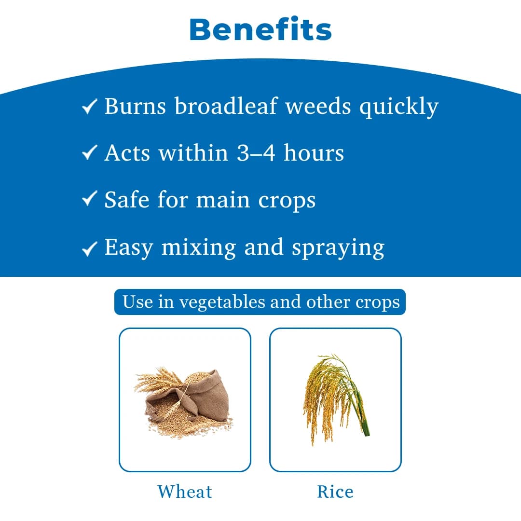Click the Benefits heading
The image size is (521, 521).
click(x=260, y=30)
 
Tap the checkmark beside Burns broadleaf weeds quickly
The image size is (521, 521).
click(x=89, y=107)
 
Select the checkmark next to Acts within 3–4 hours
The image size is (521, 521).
click(x=89, y=153)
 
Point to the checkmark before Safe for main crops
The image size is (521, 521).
click(x=89, y=200)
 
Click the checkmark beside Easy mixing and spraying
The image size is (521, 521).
click(x=89, y=248)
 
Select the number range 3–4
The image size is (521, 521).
click(x=256, y=153)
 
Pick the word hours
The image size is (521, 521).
click(x=314, y=153)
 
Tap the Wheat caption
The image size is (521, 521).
click(x=185, y=492)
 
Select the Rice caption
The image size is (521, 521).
click(x=335, y=492)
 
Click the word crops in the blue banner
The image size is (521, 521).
click(x=378, y=302)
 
